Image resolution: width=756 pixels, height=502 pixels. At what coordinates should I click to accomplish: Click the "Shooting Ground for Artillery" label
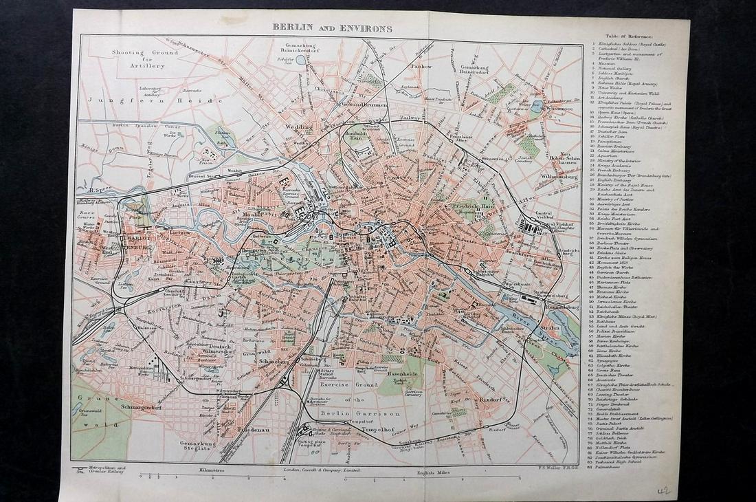(145, 58)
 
